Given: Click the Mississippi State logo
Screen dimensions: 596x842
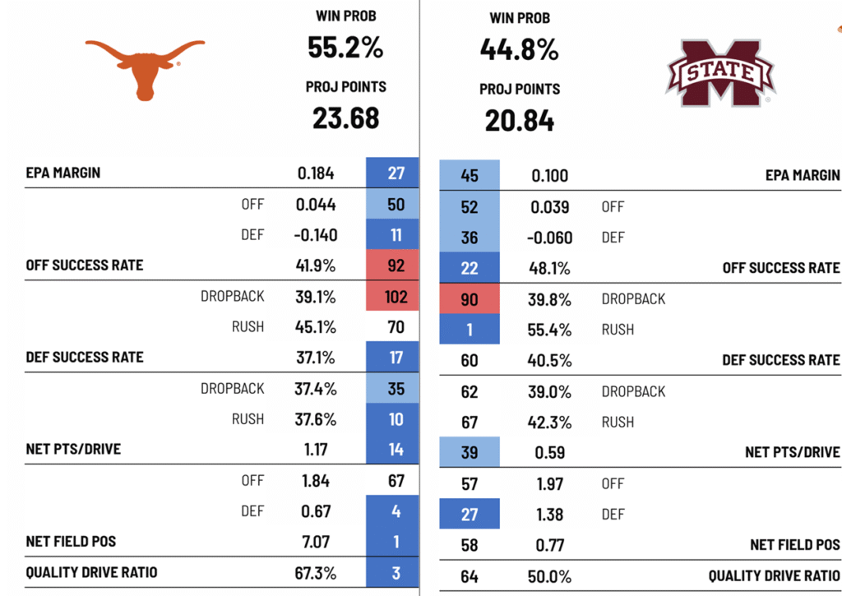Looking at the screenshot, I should [x=719, y=72].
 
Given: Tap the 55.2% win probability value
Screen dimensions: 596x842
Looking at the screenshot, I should [x=345, y=48].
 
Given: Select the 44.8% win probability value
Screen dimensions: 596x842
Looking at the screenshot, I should [x=519, y=50].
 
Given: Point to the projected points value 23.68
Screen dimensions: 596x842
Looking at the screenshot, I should [x=345, y=118].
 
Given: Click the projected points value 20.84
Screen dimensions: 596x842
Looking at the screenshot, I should [x=519, y=121].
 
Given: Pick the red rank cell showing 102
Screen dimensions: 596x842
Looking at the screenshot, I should [x=396, y=296].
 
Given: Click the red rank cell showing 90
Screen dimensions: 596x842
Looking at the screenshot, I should [x=469, y=299].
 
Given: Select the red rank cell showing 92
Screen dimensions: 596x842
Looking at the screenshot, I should [x=396, y=266].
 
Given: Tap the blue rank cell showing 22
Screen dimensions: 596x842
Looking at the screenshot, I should [x=469, y=268].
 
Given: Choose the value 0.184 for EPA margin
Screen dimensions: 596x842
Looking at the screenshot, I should [x=317, y=173].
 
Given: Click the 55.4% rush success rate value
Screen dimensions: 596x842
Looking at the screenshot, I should [x=549, y=330].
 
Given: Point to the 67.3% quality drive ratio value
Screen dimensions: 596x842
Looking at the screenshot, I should [x=316, y=573].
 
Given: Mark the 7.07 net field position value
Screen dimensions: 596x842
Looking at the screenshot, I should [x=317, y=543].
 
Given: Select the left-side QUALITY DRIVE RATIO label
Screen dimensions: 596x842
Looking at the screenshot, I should [x=91, y=573].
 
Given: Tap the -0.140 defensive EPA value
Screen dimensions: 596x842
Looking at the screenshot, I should [x=317, y=235].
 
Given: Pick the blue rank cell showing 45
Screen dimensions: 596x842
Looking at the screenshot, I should [x=469, y=176].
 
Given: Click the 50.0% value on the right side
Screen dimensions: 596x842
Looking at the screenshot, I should [x=549, y=576].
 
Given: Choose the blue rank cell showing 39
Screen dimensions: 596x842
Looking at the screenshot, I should [x=469, y=452].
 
